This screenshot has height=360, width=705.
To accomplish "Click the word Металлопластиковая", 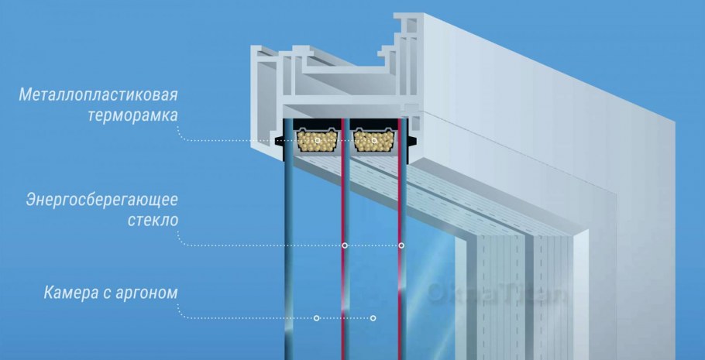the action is coord(98,95).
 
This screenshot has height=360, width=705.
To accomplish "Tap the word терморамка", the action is coord(133,115).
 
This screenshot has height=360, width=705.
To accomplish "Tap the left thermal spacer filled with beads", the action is coord(317,141).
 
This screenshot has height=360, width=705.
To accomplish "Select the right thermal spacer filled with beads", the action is coord(373,141).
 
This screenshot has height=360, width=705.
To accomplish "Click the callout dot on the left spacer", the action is coord(318,141).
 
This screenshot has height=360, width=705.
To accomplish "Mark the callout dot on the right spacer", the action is coord(374,141).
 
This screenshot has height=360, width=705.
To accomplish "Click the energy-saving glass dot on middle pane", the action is coord(345,245).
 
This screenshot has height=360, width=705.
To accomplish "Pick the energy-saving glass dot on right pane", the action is coord(401,245).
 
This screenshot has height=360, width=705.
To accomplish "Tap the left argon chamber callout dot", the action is coord(317,318).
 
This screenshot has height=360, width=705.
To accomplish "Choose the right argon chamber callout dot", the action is coord(373,318).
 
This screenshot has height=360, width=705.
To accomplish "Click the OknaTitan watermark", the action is coord(496,294).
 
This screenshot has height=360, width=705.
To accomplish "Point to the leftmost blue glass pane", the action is coord(289,261).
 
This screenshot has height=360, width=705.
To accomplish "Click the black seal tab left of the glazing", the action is coord(279,141).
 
